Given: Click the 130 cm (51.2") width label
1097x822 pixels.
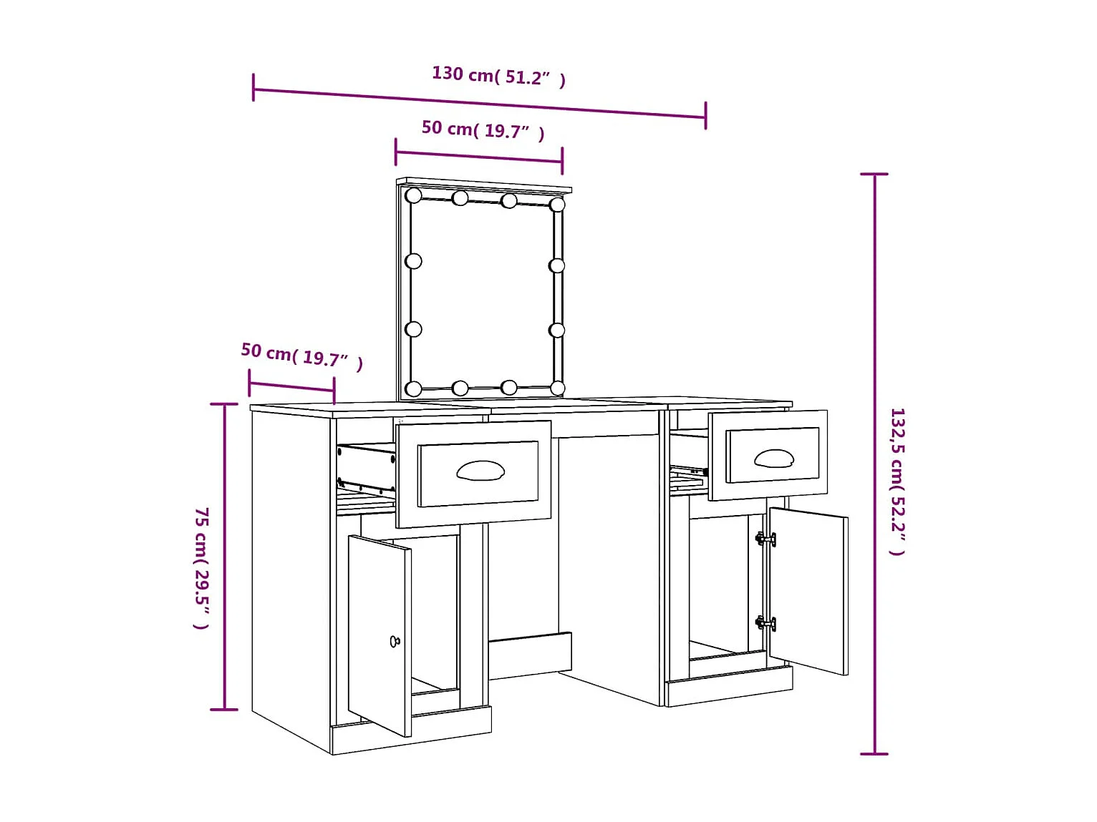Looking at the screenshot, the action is click(498, 75).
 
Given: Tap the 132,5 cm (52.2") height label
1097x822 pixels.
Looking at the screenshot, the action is click(897, 481).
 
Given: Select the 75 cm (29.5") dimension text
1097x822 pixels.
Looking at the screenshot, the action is click(202, 569).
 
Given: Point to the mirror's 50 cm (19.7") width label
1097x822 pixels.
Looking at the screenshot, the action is click(483, 129).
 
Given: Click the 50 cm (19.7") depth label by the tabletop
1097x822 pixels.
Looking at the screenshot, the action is click(301, 355).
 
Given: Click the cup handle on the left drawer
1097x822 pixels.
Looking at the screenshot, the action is click(480, 471).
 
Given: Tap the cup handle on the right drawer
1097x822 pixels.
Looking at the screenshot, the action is click(773, 458).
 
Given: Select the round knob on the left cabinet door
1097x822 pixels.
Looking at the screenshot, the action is click(395, 641).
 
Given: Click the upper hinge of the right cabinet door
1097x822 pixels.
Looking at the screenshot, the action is click(765, 539).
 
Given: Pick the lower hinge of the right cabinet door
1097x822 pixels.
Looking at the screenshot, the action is click(765, 623).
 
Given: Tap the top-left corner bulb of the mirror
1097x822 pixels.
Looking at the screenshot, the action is click(413, 195).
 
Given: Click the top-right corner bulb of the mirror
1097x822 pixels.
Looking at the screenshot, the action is click(557, 205).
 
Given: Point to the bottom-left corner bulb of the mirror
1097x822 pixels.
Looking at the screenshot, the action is click(413, 389).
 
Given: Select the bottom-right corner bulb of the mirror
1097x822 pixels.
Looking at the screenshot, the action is click(557, 388).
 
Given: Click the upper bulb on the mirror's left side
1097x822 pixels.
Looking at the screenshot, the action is click(413, 261).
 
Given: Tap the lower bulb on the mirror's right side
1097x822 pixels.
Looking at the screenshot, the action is click(557, 330).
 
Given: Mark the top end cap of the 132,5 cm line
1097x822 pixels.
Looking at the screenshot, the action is click(874, 174).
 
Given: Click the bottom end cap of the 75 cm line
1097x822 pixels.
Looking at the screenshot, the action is click(224, 709).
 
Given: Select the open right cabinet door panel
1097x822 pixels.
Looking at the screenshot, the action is click(808, 590).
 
